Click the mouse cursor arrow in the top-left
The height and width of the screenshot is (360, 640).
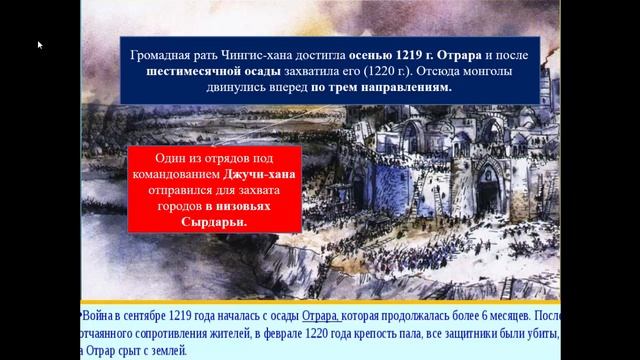(40, 45)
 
